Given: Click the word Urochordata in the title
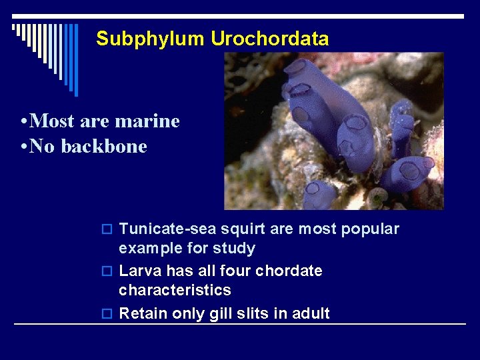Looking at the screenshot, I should coord(269,39).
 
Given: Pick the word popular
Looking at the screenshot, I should coord(370,229).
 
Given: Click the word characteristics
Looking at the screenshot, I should coord(175,290).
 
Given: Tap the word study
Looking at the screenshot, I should coord(235,249).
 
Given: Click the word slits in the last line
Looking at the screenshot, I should coord(253,313).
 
